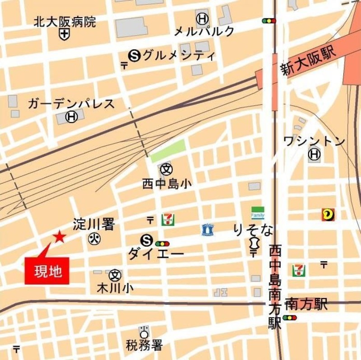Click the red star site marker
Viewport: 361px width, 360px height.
(59, 236)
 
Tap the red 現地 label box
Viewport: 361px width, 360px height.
(47, 271)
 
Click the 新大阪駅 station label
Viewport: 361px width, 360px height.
(309, 62)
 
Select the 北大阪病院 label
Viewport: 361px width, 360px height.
(65, 21)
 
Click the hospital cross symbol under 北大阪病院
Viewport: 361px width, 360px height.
(65, 33)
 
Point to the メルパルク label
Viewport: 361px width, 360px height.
(204, 31)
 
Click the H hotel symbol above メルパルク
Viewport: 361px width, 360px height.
(202, 19)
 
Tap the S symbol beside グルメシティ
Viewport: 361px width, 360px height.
(134, 56)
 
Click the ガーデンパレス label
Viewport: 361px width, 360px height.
(71, 104)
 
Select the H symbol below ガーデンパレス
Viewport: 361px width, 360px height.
(71, 117)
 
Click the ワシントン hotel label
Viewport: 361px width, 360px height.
(314, 141)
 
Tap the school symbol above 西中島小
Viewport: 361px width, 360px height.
(166, 169)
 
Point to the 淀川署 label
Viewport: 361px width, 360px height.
(94, 224)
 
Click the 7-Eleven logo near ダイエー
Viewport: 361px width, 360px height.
(168, 220)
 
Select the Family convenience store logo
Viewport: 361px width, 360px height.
(258, 212)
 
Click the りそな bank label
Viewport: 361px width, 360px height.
(253, 230)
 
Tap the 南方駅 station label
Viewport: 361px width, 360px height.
(306, 304)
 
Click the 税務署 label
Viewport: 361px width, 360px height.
(144, 346)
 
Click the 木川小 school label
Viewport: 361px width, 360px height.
(115, 287)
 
